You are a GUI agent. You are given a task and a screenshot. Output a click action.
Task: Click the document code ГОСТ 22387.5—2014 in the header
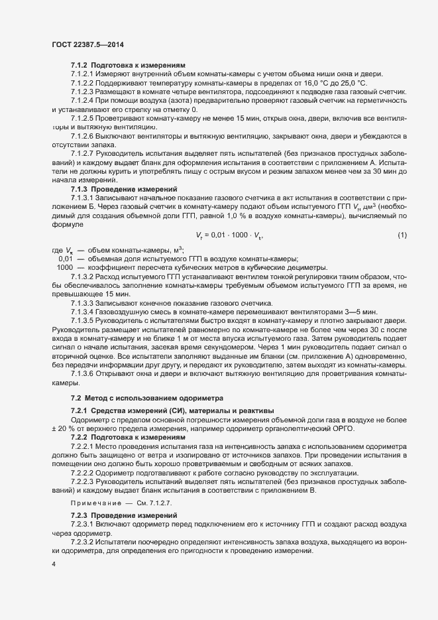click(87, 46)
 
